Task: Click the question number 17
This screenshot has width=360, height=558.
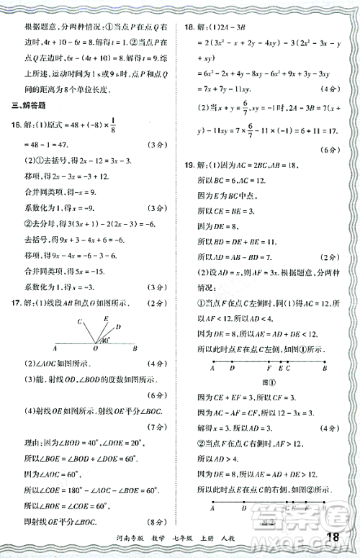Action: coord(16,304)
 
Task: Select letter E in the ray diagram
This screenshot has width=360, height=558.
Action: coord(107,318)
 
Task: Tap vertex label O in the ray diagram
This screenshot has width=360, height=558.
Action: coord(94,355)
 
